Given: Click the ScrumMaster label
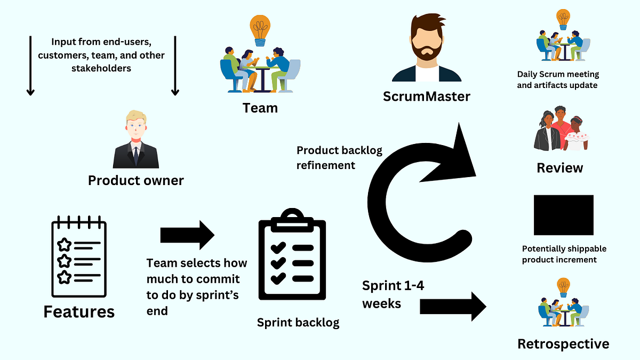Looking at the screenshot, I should point(427,97).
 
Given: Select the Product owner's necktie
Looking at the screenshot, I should point(135,154).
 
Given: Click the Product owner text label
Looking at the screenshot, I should point(135,180).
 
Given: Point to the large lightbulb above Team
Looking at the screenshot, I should point(260,29).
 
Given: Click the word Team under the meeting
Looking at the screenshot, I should point(260,108).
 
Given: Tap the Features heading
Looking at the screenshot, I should point(79,311).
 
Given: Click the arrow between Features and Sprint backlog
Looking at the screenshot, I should point(187,235).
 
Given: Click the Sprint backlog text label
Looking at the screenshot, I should point(298,322).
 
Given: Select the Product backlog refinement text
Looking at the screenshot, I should point(339,158).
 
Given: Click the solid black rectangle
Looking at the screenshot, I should point(563,214).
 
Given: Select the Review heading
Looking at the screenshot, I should point(560,168).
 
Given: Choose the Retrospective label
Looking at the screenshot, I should point(563,344).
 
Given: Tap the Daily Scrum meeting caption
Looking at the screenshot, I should point(558,80).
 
